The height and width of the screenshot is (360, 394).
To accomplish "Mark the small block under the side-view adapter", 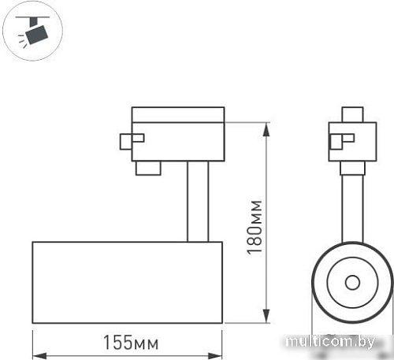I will click(x=147, y=167).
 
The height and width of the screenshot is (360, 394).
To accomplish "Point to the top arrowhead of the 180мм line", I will click(x=266, y=124).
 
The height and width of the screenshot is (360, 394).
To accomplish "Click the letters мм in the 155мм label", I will click(x=146, y=343).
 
